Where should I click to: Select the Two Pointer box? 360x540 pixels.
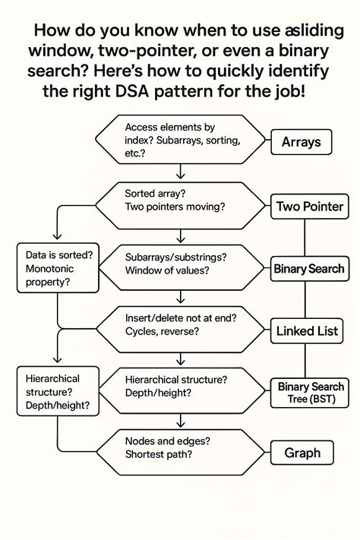[310, 206]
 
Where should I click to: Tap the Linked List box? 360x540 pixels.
[308, 330]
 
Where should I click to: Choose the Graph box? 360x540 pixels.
[303, 453]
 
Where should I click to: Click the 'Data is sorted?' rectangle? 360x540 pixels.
[58, 268]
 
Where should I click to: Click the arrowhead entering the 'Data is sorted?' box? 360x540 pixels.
[58, 239]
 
